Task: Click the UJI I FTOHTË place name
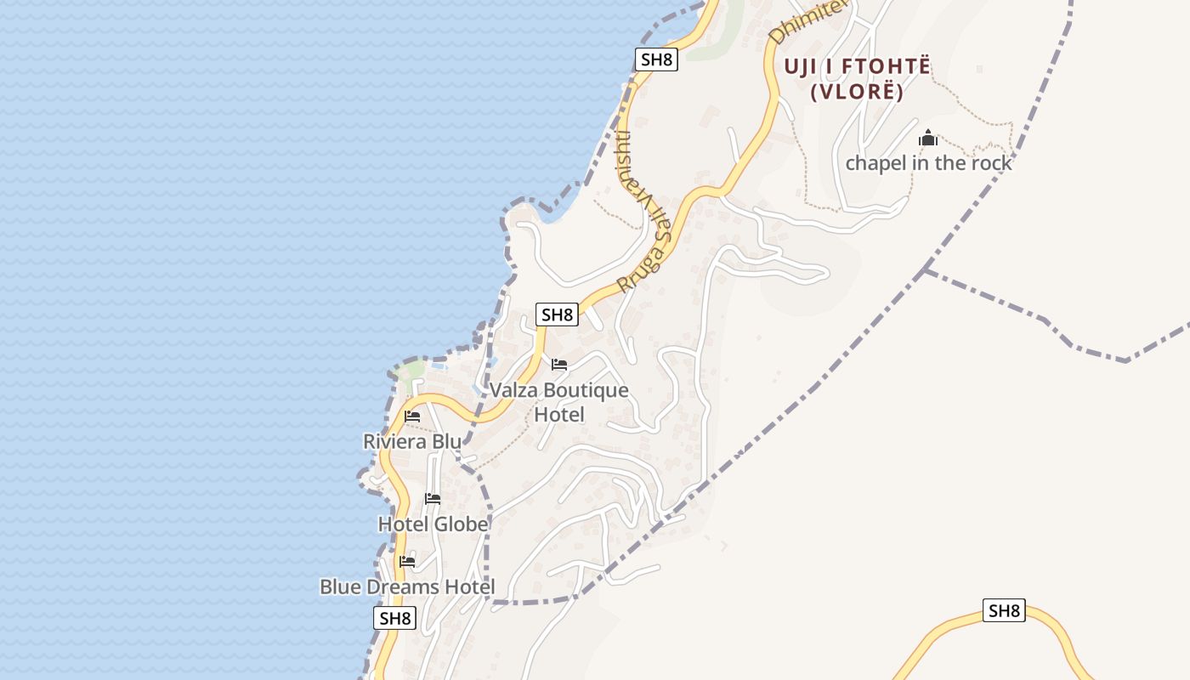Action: pyautogui.click(x=857, y=66)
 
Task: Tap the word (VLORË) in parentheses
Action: pyautogui.click(x=857, y=92)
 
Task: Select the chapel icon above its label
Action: pyautogui.click(x=928, y=138)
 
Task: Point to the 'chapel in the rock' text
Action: pyautogui.click(x=928, y=163)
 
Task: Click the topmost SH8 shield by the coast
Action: pyautogui.click(x=656, y=59)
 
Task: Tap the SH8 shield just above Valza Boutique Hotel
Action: pyautogui.click(x=557, y=314)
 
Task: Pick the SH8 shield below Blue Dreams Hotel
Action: pyautogui.click(x=394, y=618)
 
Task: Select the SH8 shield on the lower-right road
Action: pyautogui.click(x=1004, y=610)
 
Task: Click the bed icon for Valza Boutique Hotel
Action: pyautogui.click(x=558, y=365)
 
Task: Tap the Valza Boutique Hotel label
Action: pyautogui.click(x=559, y=402)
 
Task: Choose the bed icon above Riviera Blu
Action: pyautogui.click(x=412, y=416)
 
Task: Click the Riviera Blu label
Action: pyautogui.click(x=412, y=442)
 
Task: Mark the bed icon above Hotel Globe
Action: pyautogui.click(x=433, y=499)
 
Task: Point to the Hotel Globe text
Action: pyautogui.click(x=433, y=524)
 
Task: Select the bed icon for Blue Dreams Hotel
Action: pyautogui.click(x=407, y=562)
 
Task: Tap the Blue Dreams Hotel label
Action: pyautogui.click(x=407, y=587)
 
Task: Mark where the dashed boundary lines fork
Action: pyautogui.click(x=926, y=270)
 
